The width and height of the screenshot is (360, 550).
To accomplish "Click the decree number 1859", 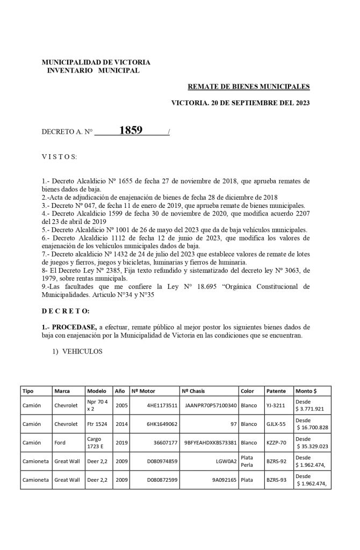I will (131, 131).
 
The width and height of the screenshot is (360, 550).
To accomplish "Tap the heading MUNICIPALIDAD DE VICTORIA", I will (96, 62).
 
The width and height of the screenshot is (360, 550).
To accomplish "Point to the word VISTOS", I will (60, 156).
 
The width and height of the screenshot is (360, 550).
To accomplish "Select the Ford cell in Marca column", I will (59, 442).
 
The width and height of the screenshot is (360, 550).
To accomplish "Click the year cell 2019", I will (121, 442).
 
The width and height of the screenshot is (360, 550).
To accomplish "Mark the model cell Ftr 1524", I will (97, 424).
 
